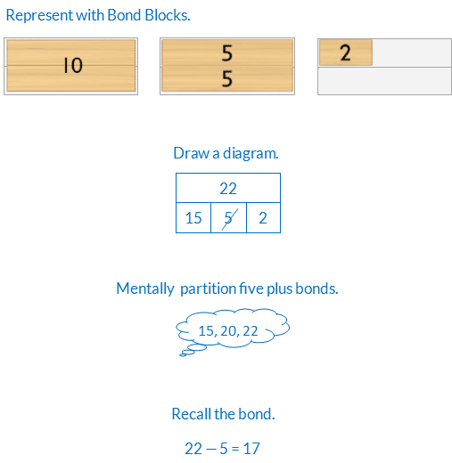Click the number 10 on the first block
[73, 65]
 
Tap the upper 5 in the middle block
[227, 53]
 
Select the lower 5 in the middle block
[227, 78]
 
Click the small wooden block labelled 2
[346, 53]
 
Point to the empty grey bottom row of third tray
[384, 81]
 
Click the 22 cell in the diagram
[228, 188]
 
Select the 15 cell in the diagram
[193, 218]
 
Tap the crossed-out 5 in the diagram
[228, 218]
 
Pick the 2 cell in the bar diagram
[263, 218]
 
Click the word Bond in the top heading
[124, 15]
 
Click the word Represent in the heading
[39, 15]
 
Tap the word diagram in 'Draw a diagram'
[251, 153]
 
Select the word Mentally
[145, 288]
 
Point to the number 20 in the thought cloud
[228, 330]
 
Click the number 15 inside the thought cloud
[206, 330]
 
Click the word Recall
[192, 414]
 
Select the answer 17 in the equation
[251, 448]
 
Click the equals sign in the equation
[235, 449]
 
